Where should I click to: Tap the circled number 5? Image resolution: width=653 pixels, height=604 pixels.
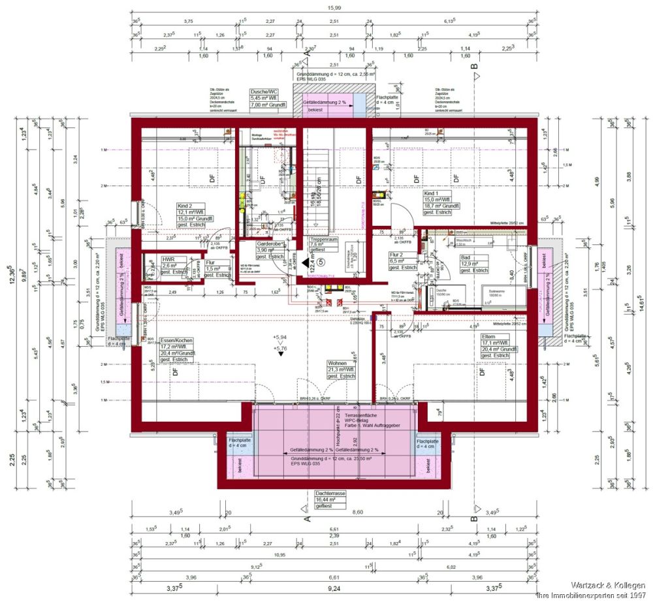tap(321, 260)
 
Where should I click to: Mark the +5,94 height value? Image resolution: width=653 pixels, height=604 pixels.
tap(279, 337)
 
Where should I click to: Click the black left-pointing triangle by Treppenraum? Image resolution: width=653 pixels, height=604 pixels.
tap(304, 262)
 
